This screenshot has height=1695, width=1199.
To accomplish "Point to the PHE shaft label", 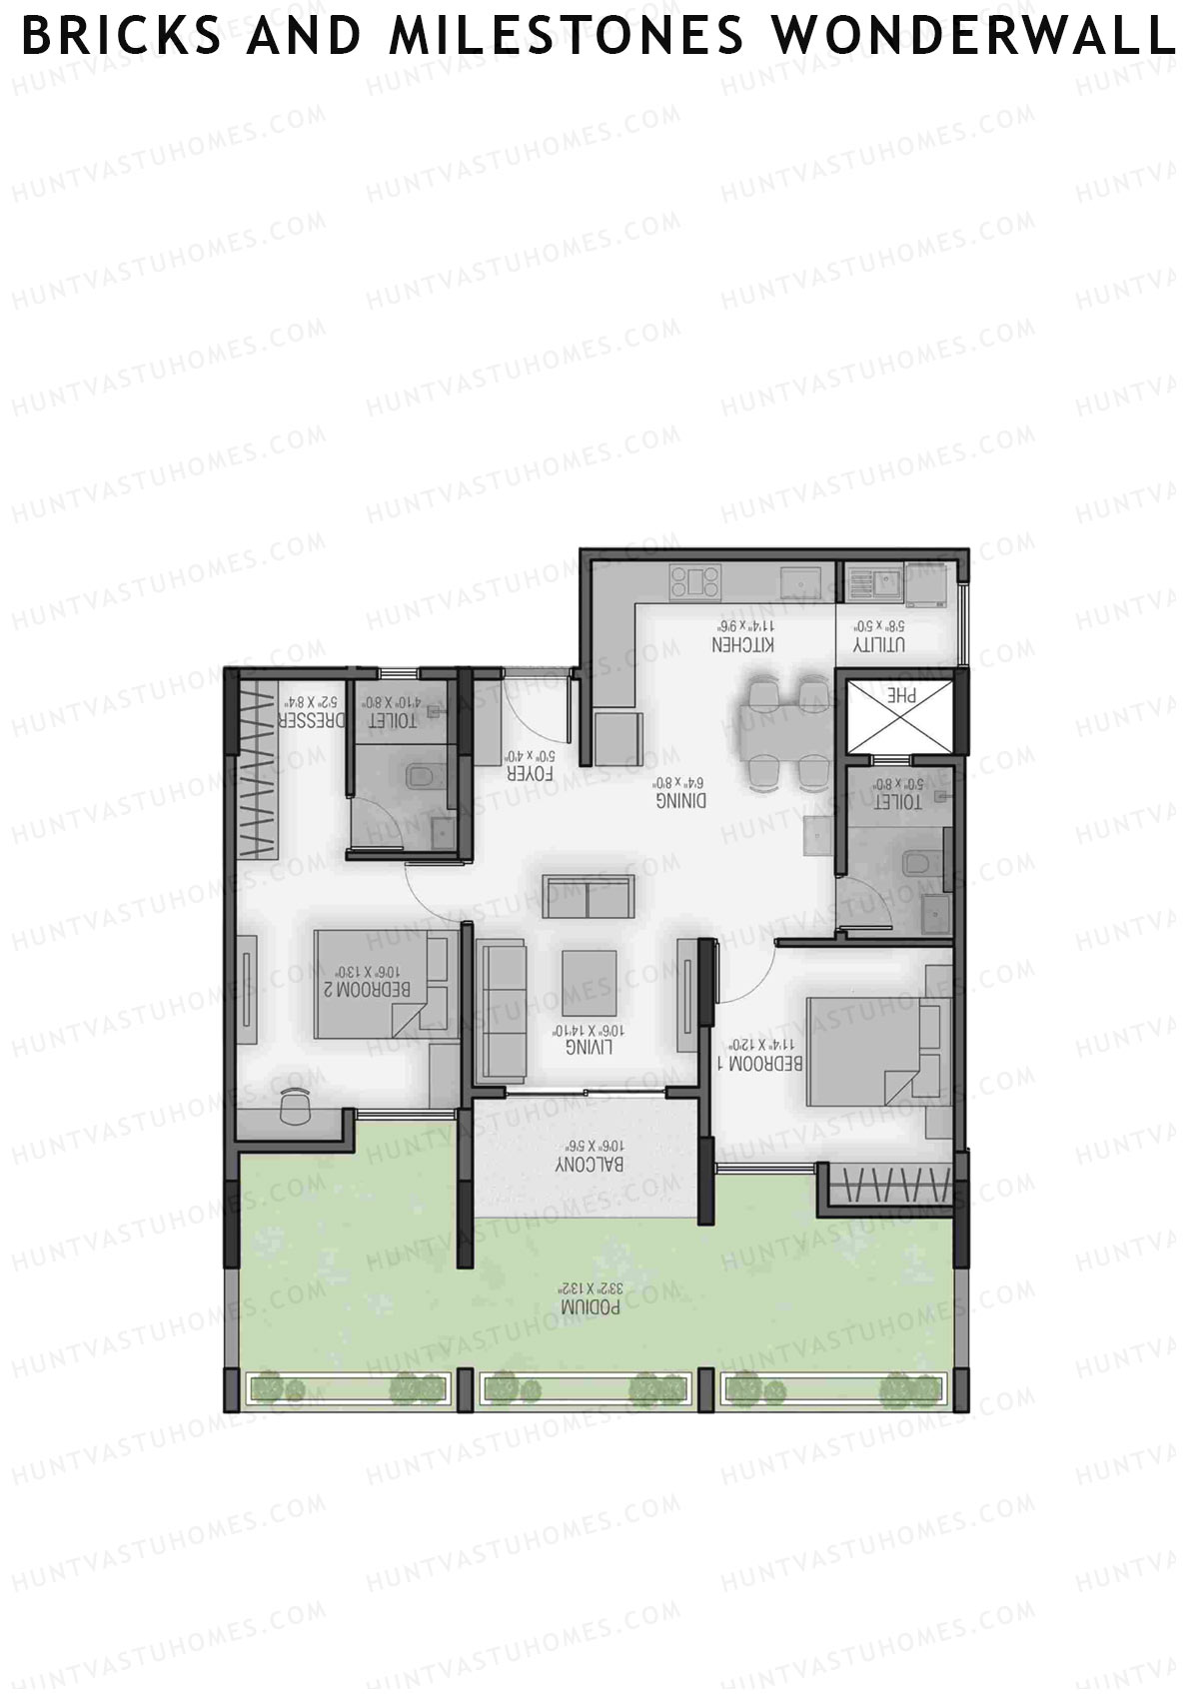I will click(x=903, y=696).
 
